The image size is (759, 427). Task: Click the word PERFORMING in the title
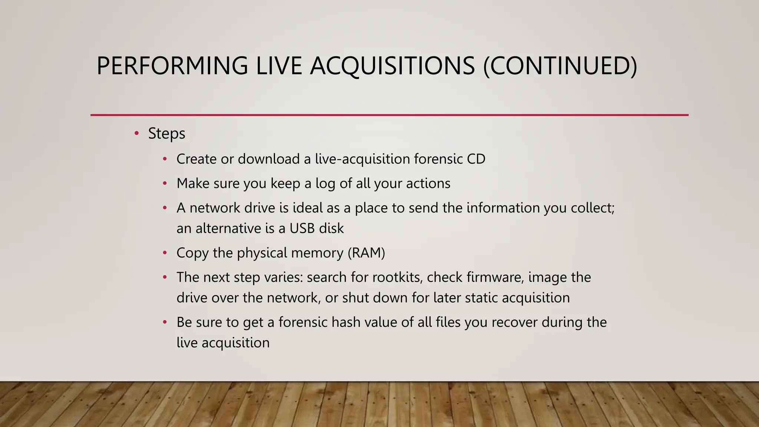coord(172,66)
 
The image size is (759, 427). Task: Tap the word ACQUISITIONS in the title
coord(392,66)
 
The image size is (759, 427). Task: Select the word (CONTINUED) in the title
coord(560,66)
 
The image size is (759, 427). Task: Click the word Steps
coord(166,133)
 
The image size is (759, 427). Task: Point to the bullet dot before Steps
coord(136,133)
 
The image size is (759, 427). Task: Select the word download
coord(268,159)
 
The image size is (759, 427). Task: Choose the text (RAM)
coord(366,253)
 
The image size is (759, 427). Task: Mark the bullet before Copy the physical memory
coord(165,253)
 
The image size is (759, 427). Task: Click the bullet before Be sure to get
coord(165,322)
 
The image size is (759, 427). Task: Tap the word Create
coord(196,159)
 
